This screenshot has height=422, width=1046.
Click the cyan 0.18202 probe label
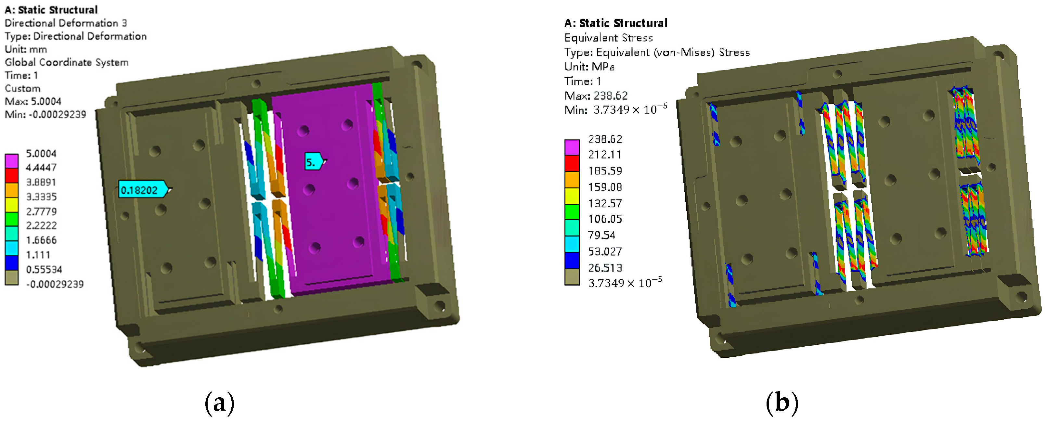tap(143, 189)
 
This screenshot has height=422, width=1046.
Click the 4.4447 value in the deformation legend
tap(41, 168)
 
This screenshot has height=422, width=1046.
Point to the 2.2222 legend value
tap(41, 225)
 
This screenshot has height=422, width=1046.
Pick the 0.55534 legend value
tap(44, 269)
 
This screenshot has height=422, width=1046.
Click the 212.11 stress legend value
tap(605, 155)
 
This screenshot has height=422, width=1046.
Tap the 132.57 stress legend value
tap(605, 203)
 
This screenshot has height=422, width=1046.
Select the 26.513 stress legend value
tap(605, 268)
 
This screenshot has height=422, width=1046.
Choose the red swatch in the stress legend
tap(572, 163)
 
